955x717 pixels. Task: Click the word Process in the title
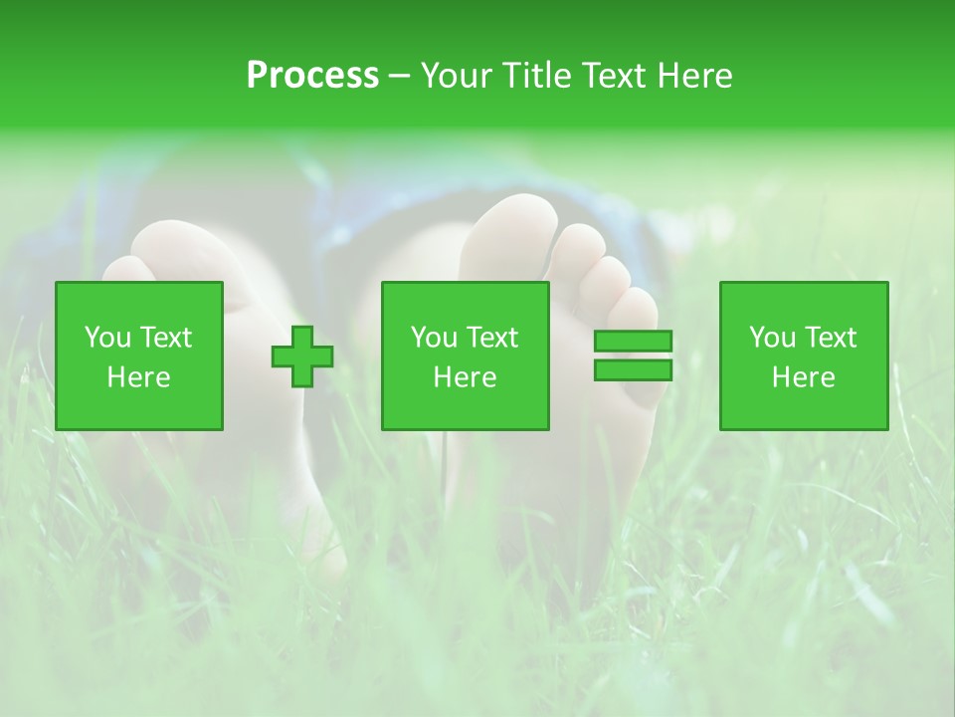click(x=312, y=76)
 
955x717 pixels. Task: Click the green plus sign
click(x=302, y=357)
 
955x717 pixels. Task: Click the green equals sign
click(x=633, y=356)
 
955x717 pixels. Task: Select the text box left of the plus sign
click(x=139, y=357)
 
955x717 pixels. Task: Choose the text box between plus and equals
click(x=466, y=357)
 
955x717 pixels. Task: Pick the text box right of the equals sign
click(x=804, y=357)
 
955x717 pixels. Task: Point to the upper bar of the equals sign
click(x=633, y=342)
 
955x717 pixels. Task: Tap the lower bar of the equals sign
click(x=633, y=370)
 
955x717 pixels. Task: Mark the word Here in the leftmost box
click(x=139, y=377)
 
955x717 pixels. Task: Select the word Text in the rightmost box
click(x=830, y=338)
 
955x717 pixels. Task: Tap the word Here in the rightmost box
click(x=804, y=377)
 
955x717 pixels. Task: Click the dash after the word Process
click(x=400, y=76)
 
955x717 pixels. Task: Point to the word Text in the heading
click(x=609, y=76)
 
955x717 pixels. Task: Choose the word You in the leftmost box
click(x=107, y=338)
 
